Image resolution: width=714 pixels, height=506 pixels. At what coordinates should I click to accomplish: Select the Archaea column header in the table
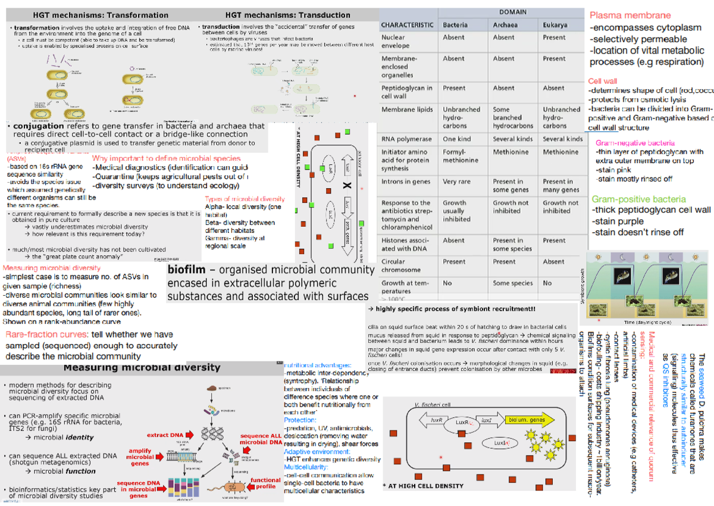point(504,25)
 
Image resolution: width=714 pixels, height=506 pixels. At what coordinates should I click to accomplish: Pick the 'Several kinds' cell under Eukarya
point(562,139)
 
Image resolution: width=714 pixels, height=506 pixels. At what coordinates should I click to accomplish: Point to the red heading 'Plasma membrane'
point(630,15)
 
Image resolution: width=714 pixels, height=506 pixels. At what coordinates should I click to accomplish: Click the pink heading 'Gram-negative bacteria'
point(635,143)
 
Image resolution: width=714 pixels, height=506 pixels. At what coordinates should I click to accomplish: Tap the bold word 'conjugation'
point(38,126)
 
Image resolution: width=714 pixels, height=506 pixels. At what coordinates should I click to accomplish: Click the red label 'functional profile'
point(265,483)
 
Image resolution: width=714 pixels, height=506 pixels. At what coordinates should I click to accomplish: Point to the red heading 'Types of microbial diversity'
point(245,199)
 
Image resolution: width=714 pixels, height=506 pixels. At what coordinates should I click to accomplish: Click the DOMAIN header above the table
point(512,12)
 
